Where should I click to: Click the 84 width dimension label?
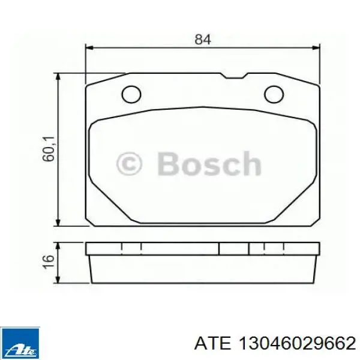coord(203,40)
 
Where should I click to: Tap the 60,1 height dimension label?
coord(49,149)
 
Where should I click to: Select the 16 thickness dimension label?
coord(49,261)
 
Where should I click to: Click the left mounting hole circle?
coord(131,94)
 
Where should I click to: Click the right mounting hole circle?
coord(274,94)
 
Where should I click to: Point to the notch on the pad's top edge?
coord(235,76)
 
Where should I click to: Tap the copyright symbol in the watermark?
coord(129,164)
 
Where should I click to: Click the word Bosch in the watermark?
coord(209,164)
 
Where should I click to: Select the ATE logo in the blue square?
coord(20,343)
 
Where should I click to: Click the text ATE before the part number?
coord(212,343)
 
